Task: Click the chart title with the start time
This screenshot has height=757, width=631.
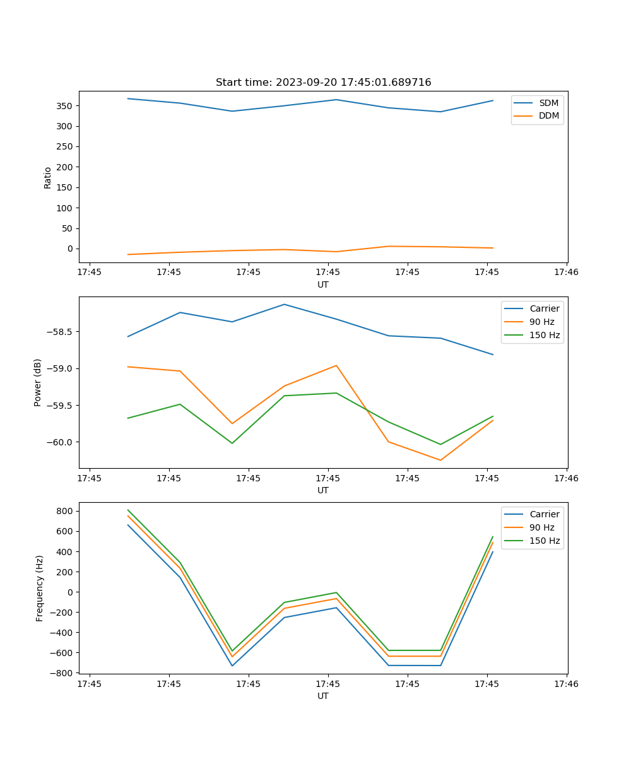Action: [323, 83]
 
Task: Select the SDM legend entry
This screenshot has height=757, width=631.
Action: [548, 103]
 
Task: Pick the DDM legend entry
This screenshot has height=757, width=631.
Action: [548, 115]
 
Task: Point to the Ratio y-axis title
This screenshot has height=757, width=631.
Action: [48, 177]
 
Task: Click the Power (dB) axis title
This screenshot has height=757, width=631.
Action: [38, 382]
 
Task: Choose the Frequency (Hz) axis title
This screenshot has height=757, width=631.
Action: [40, 588]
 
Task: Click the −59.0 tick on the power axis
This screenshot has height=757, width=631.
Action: [61, 369]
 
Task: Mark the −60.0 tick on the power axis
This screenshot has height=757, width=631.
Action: [61, 442]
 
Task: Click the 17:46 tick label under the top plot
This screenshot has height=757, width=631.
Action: [566, 273]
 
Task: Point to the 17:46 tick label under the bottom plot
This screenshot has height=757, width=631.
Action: [566, 684]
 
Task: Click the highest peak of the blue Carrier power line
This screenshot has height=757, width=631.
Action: [284, 305]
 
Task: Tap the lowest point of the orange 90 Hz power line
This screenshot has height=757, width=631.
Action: [440, 460]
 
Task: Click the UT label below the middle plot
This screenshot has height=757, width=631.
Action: [323, 490]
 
